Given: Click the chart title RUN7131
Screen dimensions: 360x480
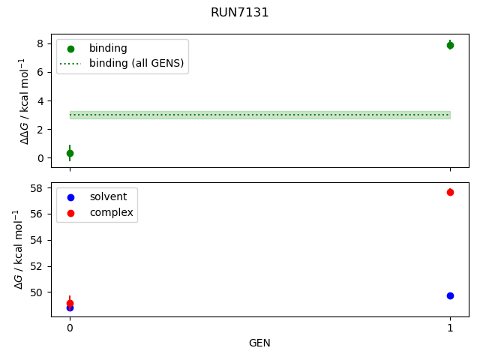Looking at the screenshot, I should tap(240, 13).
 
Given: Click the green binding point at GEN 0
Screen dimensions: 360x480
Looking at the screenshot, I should tap(70, 153).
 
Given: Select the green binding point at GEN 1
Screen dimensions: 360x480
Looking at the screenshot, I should tap(450, 45).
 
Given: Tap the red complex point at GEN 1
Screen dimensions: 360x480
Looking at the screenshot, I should tap(450, 193).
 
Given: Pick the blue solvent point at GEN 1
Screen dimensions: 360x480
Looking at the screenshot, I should tap(450, 295).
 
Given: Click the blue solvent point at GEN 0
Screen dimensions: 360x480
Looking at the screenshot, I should tap(70, 307).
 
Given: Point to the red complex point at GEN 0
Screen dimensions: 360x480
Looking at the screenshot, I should tap(70, 302).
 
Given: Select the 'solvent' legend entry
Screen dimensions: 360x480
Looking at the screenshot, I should tap(108, 196).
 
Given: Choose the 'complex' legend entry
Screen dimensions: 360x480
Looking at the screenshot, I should tap(111, 212).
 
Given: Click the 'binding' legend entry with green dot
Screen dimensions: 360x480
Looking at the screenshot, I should tap(108, 48).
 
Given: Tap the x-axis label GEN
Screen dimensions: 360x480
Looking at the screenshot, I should tap(259, 343).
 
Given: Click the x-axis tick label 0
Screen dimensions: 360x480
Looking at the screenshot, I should tap(70, 328).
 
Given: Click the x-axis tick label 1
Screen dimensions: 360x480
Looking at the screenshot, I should tap(450, 328).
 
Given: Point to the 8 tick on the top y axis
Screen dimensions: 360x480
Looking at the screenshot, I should tap(41, 43).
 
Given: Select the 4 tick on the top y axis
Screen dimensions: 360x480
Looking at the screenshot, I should tap(41, 100).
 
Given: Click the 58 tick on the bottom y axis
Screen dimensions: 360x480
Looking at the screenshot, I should tap(38, 187).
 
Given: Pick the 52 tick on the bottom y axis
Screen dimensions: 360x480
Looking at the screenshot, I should tap(38, 266).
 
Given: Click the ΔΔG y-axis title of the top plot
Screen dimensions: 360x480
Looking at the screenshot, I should tap(25, 100).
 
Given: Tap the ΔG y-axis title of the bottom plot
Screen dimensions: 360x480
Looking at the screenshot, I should tap(19, 249).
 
